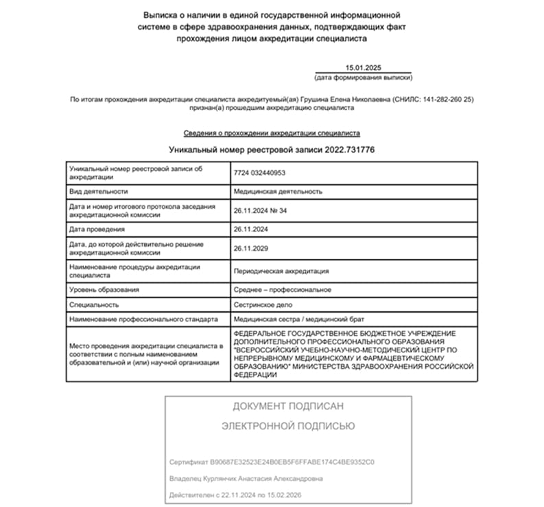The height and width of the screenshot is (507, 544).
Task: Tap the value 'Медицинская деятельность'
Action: [x=278, y=192]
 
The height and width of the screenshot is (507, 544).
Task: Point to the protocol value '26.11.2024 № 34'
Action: [x=260, y=210]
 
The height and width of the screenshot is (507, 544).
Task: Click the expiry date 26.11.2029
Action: [x=250, y=248]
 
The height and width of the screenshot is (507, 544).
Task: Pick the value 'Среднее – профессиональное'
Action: [x=283, y=290]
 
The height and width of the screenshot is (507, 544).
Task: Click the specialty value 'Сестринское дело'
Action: [x=263, y=304]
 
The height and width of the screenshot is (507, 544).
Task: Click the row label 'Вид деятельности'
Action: [x=99, y=192]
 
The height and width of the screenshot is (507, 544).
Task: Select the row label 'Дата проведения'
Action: [x=97, y=229]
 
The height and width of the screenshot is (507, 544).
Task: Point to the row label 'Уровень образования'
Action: [x=104, y=290]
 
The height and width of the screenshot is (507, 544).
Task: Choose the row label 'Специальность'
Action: [x=95, y=304]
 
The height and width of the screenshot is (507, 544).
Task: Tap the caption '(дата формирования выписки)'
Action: [x=364, y=78]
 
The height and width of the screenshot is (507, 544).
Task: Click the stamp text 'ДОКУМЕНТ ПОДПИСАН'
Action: [x=287, y=406]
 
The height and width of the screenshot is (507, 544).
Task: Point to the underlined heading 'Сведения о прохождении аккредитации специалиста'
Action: [x=272, y=133]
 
